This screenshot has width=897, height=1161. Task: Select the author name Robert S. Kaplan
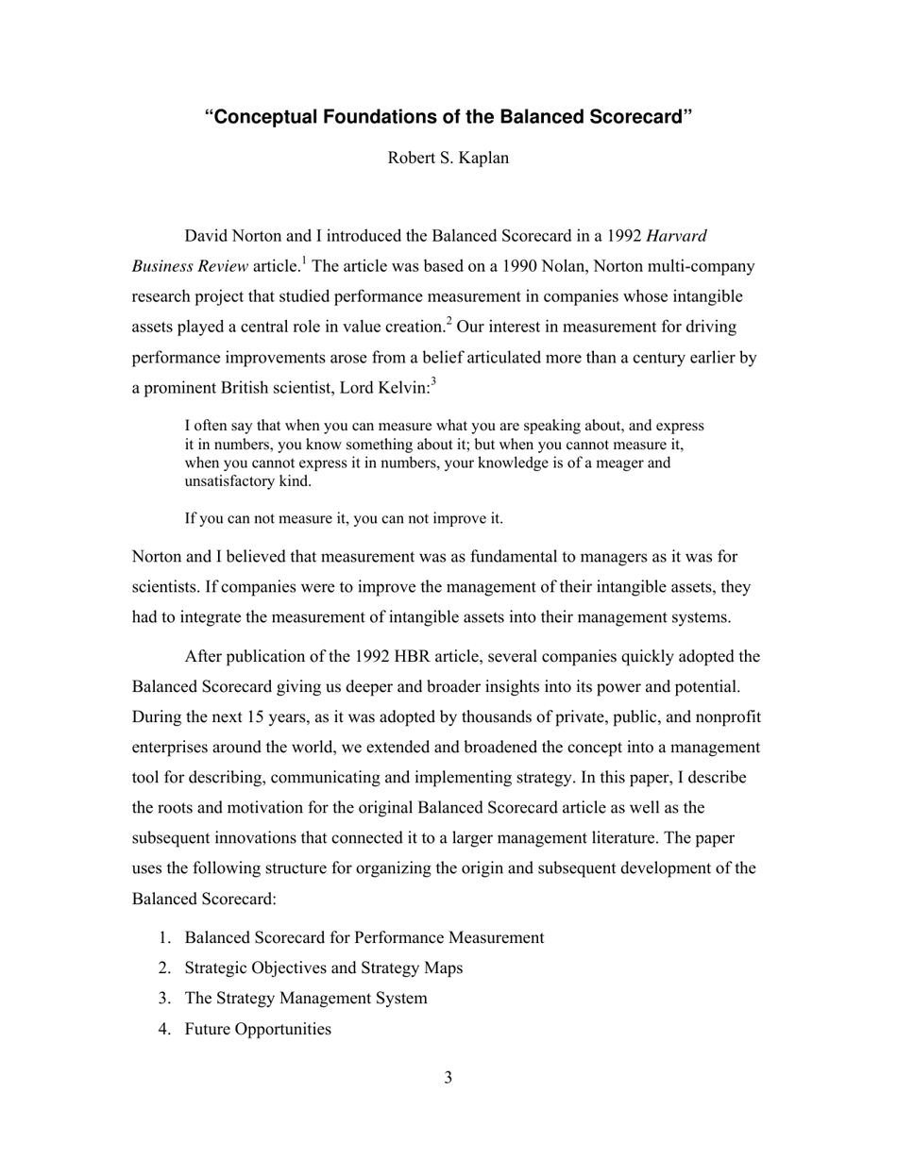pos(448,158)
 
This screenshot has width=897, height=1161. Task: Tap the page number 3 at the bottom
pos(448,1078)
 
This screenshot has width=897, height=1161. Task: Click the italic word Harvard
pos(676,236)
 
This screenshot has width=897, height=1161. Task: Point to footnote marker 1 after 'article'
pos(302,261)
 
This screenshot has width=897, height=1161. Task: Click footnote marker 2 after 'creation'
pos(449,321)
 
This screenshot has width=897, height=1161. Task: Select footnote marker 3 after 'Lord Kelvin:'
pos(432,381)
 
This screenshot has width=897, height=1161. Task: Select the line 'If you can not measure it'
pos(344,518)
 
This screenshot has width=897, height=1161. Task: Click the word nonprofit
pos(726,716)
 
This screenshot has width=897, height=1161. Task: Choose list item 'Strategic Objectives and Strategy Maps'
pos(323,967)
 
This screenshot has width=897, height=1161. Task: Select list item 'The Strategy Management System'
pos(305,998)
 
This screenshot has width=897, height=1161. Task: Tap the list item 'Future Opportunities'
pos(258,1029)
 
